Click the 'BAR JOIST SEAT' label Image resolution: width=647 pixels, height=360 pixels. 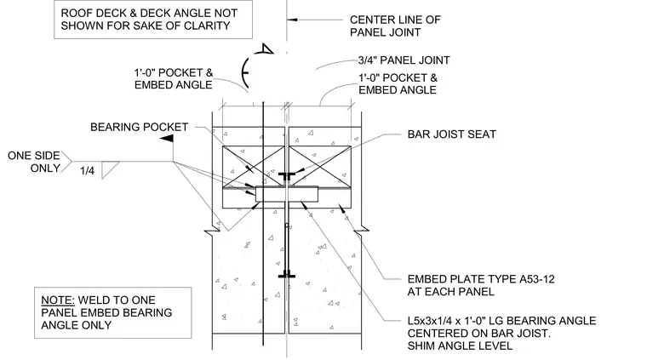coord(451,134)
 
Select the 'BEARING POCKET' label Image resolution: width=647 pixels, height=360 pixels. coord(139,127)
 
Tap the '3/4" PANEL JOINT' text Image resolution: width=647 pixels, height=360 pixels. coord(404,60)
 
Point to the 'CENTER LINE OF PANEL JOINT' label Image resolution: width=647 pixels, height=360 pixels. coord(395,26)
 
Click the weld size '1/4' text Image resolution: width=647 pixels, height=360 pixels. coord(87,171)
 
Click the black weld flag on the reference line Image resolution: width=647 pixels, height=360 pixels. coord(167,139)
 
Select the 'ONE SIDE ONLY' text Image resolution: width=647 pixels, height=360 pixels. coord(34,162)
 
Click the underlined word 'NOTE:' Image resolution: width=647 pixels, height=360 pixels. coord(58,300)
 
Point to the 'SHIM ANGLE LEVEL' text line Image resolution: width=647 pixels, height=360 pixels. coord(460,346)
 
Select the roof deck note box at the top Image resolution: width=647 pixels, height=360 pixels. coord(153,20)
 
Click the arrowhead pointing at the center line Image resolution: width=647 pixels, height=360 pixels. coord(292,20)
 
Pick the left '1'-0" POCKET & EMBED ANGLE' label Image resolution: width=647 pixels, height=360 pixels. coord(174,79)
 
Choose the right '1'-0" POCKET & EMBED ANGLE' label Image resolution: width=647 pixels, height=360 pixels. coord(398,83)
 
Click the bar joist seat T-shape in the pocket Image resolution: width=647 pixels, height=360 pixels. coord(286,176)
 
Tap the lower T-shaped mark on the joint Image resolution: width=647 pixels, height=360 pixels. coord(286,276)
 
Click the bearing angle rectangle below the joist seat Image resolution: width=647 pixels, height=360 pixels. coord(287,194)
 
